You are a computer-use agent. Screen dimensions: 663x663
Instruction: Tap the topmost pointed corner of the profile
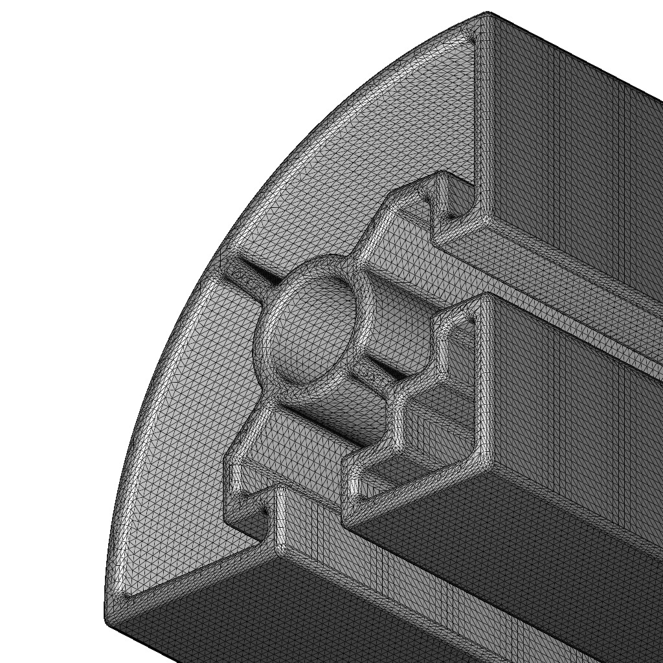tap(487, 14)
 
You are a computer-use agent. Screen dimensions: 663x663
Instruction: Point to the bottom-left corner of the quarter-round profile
tap(107, 619)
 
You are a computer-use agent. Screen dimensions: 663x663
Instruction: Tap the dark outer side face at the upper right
tap(570, 162)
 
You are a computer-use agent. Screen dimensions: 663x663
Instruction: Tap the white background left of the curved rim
tap(97, 259)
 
